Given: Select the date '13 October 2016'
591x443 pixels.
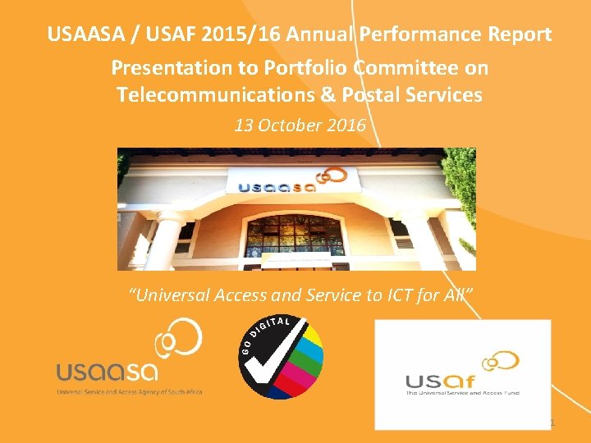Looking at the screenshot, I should [x=300, y=126].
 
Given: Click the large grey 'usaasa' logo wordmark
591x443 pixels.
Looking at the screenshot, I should [x=107, y=372].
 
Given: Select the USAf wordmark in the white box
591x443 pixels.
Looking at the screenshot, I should [x=439, y=381].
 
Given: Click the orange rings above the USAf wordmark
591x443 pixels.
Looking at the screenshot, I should [x=500, y=361].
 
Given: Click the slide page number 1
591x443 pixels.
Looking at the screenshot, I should [x=552, y=423].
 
